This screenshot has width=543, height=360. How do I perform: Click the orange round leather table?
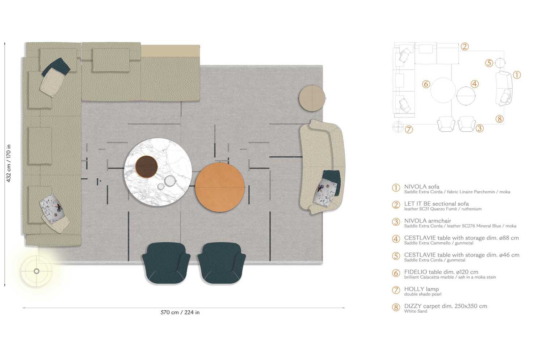[x=220, y=187]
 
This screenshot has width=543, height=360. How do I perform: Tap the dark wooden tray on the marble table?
[x=147, y=167]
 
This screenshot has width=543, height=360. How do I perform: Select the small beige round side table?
[x=312, y=98]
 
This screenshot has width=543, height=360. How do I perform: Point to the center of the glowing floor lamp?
[x=37, y=271]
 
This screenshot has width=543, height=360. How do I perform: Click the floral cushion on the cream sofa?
[x=327, y=192]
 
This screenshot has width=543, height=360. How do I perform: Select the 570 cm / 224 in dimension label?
[x=180, y=312]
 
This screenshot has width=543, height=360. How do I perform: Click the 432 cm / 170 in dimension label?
[x=9, y=163]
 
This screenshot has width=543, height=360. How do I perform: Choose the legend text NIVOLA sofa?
[x=422, y=187]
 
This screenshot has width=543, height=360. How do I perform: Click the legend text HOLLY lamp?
[x=421, y=289]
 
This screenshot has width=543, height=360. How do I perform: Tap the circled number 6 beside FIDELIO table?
[x=396, y=273]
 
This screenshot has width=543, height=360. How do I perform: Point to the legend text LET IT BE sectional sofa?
[x=436, y=204]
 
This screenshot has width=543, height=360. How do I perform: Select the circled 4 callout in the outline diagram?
[x=475, y=84]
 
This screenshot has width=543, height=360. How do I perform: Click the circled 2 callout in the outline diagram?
[x=465, y=46]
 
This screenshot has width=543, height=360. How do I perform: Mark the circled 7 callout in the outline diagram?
[x=409, y=129]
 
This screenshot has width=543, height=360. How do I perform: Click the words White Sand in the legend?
[x=416, y=311]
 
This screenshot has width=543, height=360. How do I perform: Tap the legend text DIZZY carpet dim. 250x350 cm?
[x=446, y=306]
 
